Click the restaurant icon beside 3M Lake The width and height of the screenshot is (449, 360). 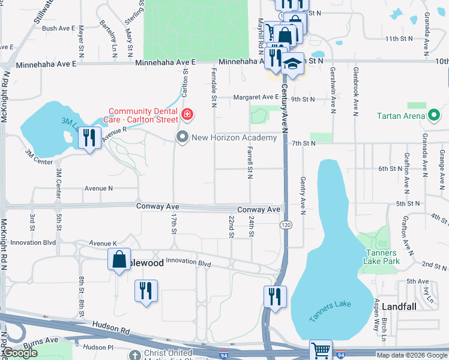[x=89, y=138]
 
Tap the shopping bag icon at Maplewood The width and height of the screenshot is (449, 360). [x=119, y=260]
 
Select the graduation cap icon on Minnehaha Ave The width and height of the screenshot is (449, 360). [x=292, y=63]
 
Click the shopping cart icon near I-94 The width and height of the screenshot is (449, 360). [x=321, y=350]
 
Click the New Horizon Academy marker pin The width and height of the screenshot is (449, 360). [x=182, y=137]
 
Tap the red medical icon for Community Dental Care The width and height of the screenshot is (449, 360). [x=188, y=113]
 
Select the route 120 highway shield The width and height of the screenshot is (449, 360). [x=285, y=224]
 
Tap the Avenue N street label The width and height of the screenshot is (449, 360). [x=99, y=188]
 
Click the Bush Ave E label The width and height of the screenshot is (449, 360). [x=58, y=28]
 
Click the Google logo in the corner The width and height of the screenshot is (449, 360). [x=20, y=353]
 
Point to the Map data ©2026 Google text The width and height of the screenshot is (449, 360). [x=411, y=355]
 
